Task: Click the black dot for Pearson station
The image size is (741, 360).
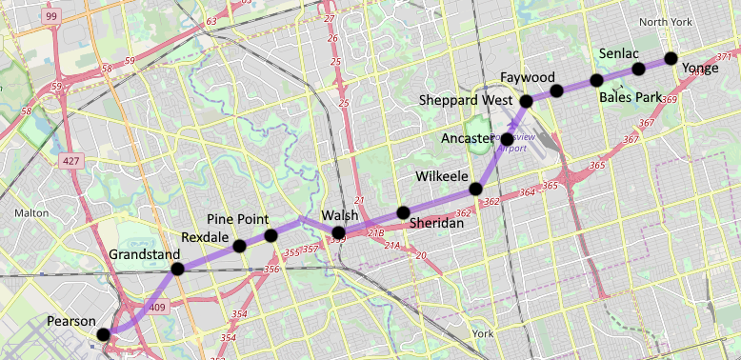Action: (x=103, y=333)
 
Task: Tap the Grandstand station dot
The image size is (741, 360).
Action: (x=177, y=270)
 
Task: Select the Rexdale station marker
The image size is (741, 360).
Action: (x=239, y=247)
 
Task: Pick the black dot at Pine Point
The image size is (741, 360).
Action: (x=270, y=235)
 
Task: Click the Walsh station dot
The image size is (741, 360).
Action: (x=338, y=232)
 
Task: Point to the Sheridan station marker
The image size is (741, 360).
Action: (x=403, y=211)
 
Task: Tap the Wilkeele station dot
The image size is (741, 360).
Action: (x=475, y=188)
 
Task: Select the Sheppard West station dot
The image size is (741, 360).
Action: (x=526, y=100)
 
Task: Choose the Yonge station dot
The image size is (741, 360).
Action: (x=671, y=57)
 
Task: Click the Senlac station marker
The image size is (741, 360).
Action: (x=638, y=68)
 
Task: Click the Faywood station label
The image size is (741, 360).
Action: (x=527, y=76)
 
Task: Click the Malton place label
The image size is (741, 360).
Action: (x=31, y=213)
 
